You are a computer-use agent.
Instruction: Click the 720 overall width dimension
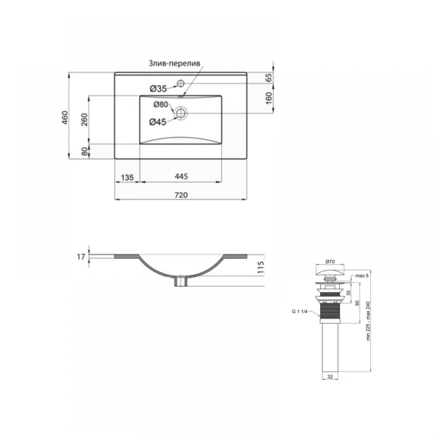[x=181, y=195]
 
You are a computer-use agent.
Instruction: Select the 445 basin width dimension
[x=181, y=177]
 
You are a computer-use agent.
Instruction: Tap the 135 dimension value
[x=127, y=177]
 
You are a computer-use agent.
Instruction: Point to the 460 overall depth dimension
[x=65, y=117]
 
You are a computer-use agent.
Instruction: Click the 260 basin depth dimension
[x=84, y=120]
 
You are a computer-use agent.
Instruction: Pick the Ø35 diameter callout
[x=158, y=89]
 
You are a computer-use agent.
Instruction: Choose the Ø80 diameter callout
[x=161, y=104]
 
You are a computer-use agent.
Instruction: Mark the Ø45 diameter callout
[x=157, y=122]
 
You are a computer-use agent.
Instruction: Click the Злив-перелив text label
[x=174, y=64]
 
